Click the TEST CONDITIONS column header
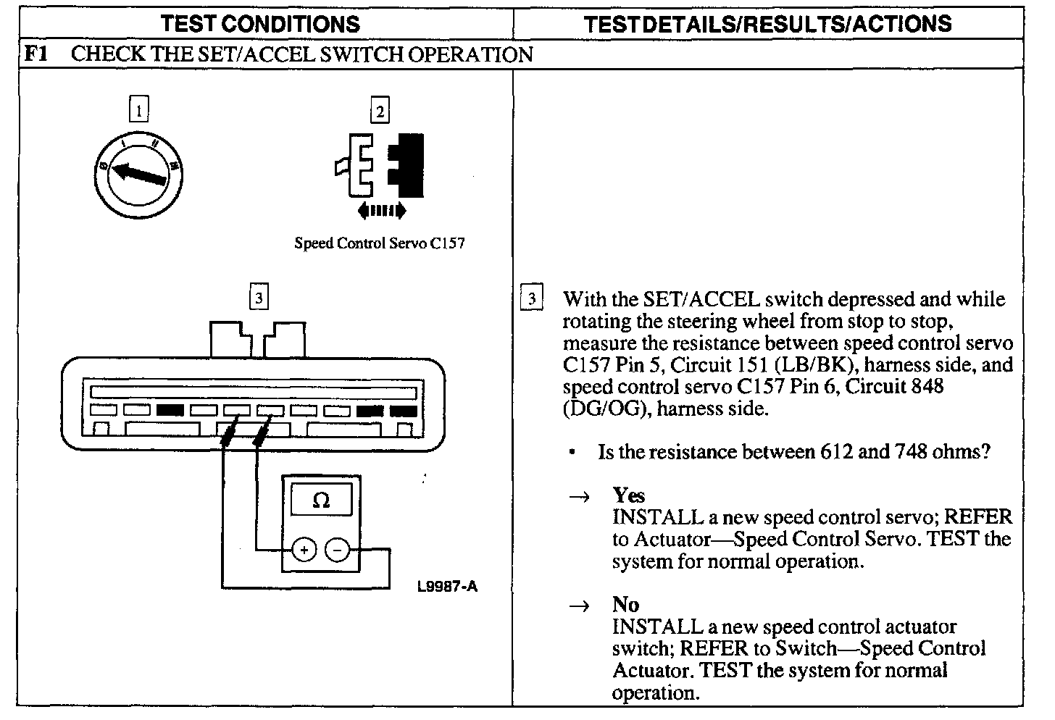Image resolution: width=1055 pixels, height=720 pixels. (x=260, y=24)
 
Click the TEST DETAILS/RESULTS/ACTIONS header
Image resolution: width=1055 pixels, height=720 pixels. (x=767, y=24)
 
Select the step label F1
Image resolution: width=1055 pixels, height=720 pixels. (x=36, y=54)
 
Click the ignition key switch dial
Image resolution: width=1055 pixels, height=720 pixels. (x=138, y=175)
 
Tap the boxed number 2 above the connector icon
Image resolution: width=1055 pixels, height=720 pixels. (x=379, y=111)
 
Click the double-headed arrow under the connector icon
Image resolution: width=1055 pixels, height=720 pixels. (x=382, y=211)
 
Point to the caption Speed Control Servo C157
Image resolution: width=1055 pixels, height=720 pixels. (x=379, y=243)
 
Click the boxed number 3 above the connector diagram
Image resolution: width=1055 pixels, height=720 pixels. (x=259, y=298)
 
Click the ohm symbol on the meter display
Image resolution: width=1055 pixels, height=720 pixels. (x=321, y=501)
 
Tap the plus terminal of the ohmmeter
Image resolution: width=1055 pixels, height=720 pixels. (x=304, y=551)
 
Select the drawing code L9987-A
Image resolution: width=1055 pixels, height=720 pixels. (x=447, y=587)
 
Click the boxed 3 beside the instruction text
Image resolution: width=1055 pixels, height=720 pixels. (x=532, y=298)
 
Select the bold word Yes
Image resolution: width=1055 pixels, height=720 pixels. (x=628, y=495)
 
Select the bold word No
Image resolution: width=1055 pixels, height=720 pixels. (x=625, y=605)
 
